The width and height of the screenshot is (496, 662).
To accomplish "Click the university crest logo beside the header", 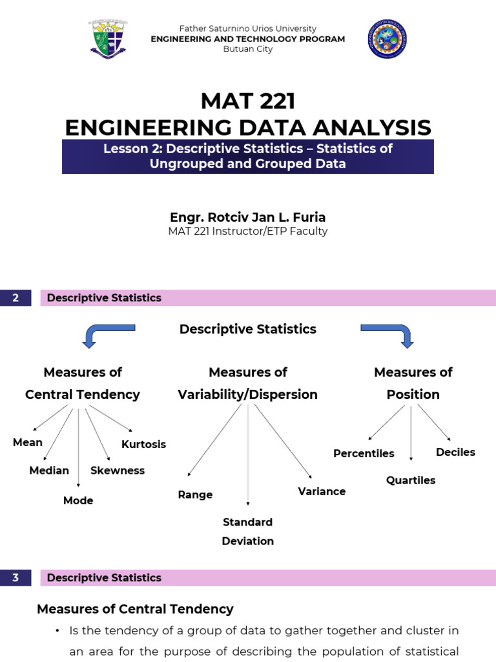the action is tap(108, 39).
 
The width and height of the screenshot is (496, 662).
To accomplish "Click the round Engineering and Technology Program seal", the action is tap(387, 39).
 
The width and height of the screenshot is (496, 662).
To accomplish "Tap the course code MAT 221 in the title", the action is tap(248, 101).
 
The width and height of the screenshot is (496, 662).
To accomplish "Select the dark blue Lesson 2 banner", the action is tap(248, 156).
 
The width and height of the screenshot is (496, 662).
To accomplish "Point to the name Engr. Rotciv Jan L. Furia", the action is tap(248, 217).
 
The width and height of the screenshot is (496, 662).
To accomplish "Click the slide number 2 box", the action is tap(15, 297).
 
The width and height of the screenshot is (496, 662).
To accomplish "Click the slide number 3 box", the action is tap(15, 577).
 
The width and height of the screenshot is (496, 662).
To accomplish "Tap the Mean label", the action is tap(28, 442).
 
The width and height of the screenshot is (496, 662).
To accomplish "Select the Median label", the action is tap(49, 471).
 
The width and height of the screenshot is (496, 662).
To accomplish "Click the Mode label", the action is tap(78, 500).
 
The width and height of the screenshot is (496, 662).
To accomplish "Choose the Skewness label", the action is tap(118, 471).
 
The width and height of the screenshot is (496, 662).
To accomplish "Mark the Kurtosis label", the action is tap(143, 444).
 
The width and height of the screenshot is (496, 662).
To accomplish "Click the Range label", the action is tap(195, 495).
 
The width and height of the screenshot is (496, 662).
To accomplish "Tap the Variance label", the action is tap(322, 491).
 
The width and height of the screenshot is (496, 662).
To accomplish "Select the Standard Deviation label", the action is tap(247, 531).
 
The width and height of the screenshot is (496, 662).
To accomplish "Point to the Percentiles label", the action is tap(364, 453).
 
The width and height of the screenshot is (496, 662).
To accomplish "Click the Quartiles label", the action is tap(411, 480).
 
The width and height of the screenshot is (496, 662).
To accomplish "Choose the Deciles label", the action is tap(455, 452).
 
